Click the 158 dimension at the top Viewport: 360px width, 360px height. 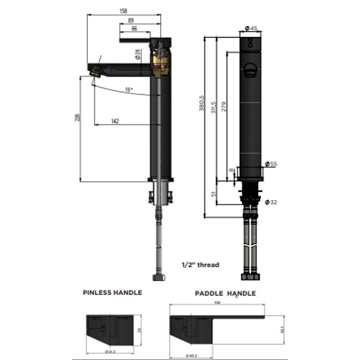tap(123, 11)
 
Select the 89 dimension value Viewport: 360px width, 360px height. tap(131, 21)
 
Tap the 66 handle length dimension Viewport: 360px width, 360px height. tap(134, 29)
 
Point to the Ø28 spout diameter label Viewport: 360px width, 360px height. tap(138, 54)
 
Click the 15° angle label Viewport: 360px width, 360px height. tap(129, 90)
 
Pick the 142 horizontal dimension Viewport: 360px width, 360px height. tap(115, 121)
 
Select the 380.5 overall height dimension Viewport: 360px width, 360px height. tap(202, 103)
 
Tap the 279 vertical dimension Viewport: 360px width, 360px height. tap(224, 107)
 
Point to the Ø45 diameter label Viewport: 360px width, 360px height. tap(251, 28)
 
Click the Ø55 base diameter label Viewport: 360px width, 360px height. tap(271, 164)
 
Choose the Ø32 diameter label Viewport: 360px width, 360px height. tap(271, 202)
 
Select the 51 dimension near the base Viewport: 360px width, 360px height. tap(213, 193)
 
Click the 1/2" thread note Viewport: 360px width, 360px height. tap(200, 265)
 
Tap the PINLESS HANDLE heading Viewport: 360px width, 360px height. tap(112, 292)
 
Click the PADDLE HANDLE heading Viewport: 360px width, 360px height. tap(225, 293)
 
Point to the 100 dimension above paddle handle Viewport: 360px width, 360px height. tap(217, 303)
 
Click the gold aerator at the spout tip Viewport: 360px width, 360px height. tap(95, 73)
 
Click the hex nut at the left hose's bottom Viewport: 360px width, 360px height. tap(159, 277)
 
